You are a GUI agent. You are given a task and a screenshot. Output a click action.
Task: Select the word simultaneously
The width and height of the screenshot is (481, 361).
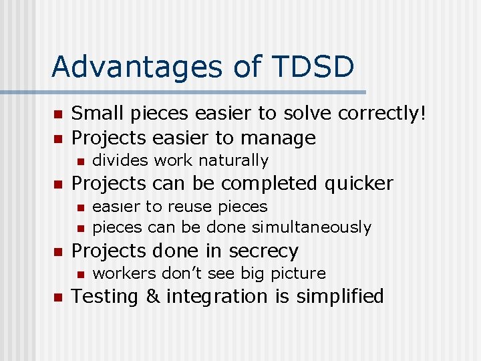(312, 228)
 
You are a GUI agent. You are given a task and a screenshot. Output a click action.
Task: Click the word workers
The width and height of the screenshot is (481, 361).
(118, 273)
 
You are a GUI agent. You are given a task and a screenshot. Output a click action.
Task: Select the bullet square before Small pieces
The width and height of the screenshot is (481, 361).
(57, 115)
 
